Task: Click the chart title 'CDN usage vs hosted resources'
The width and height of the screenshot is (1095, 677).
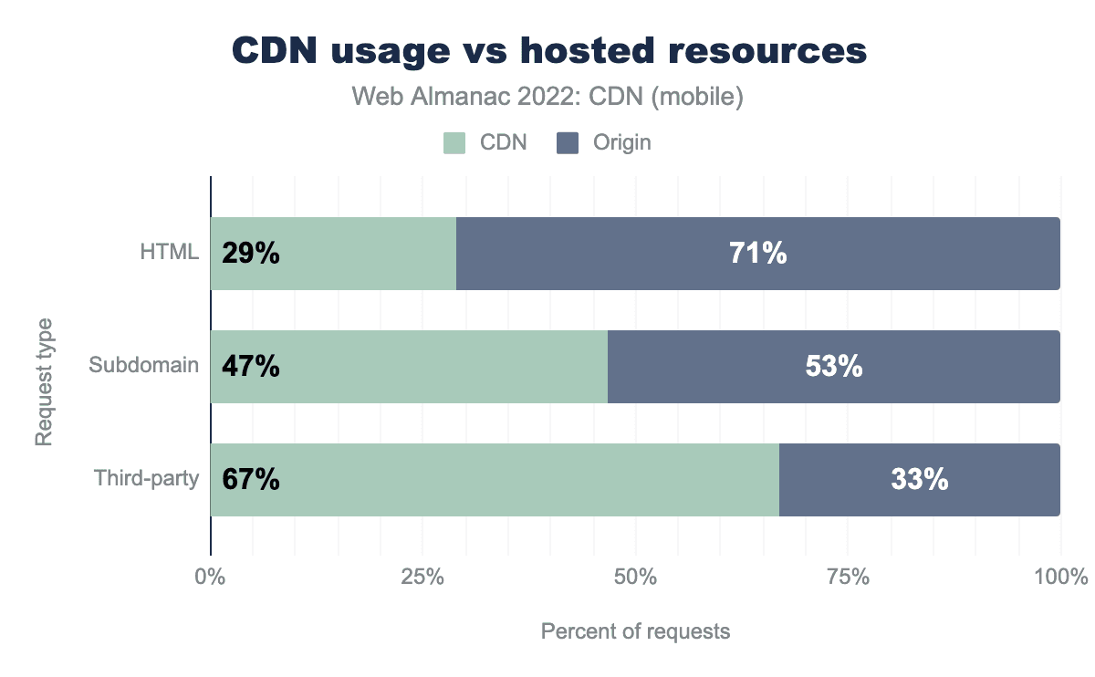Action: click(x=548, y=51)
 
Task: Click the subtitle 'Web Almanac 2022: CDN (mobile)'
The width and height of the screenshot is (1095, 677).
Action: click(x=548, y=97)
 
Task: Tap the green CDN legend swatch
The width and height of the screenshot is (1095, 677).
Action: click(x=454, y=142)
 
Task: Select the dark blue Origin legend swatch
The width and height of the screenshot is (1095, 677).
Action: click(x=568, y=142)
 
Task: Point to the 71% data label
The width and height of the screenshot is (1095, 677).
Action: click(x=758, y=254)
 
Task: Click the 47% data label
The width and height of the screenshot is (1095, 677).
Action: click(x=250, y=367)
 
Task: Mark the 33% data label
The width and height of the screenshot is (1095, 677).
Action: click(x=920, y=480)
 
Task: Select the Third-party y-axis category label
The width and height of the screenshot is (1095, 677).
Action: click(x=146, y=479)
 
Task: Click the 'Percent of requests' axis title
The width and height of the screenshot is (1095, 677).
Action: click(x=636, y=631)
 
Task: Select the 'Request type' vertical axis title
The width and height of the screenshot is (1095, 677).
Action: click(x=43, y=381)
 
